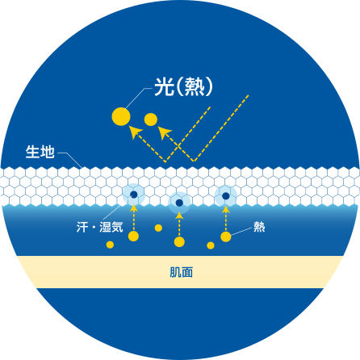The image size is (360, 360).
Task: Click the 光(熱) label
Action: [183, 87]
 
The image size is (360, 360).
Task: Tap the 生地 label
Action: [40, 152]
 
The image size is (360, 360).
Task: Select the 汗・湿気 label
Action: [100, 227]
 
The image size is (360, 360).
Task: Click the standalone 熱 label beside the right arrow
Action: [259, 227]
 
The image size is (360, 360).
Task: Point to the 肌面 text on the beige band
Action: [182, 272]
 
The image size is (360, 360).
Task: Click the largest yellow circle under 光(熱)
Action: [121, 116]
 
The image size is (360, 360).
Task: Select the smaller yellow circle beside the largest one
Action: [151, 119]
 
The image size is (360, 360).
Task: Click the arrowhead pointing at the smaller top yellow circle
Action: [164, 132]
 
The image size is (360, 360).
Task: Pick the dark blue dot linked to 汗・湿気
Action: [134, 195]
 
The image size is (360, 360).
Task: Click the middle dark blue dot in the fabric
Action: [179, 203]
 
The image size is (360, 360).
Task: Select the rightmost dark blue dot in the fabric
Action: [226, 196]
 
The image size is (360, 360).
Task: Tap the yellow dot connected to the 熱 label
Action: [226, 237]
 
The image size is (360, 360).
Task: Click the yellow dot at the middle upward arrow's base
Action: [179, 241]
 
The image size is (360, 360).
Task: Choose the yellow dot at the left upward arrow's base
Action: [133, 237]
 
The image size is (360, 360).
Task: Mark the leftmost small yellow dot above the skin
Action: [110, 245]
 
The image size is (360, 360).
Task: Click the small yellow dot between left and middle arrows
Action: [158, 228]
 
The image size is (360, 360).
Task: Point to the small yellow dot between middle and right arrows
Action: [211, 245]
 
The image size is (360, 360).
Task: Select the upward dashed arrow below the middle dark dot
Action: [179, 224]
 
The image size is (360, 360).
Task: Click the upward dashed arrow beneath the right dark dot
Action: [226, 219]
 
